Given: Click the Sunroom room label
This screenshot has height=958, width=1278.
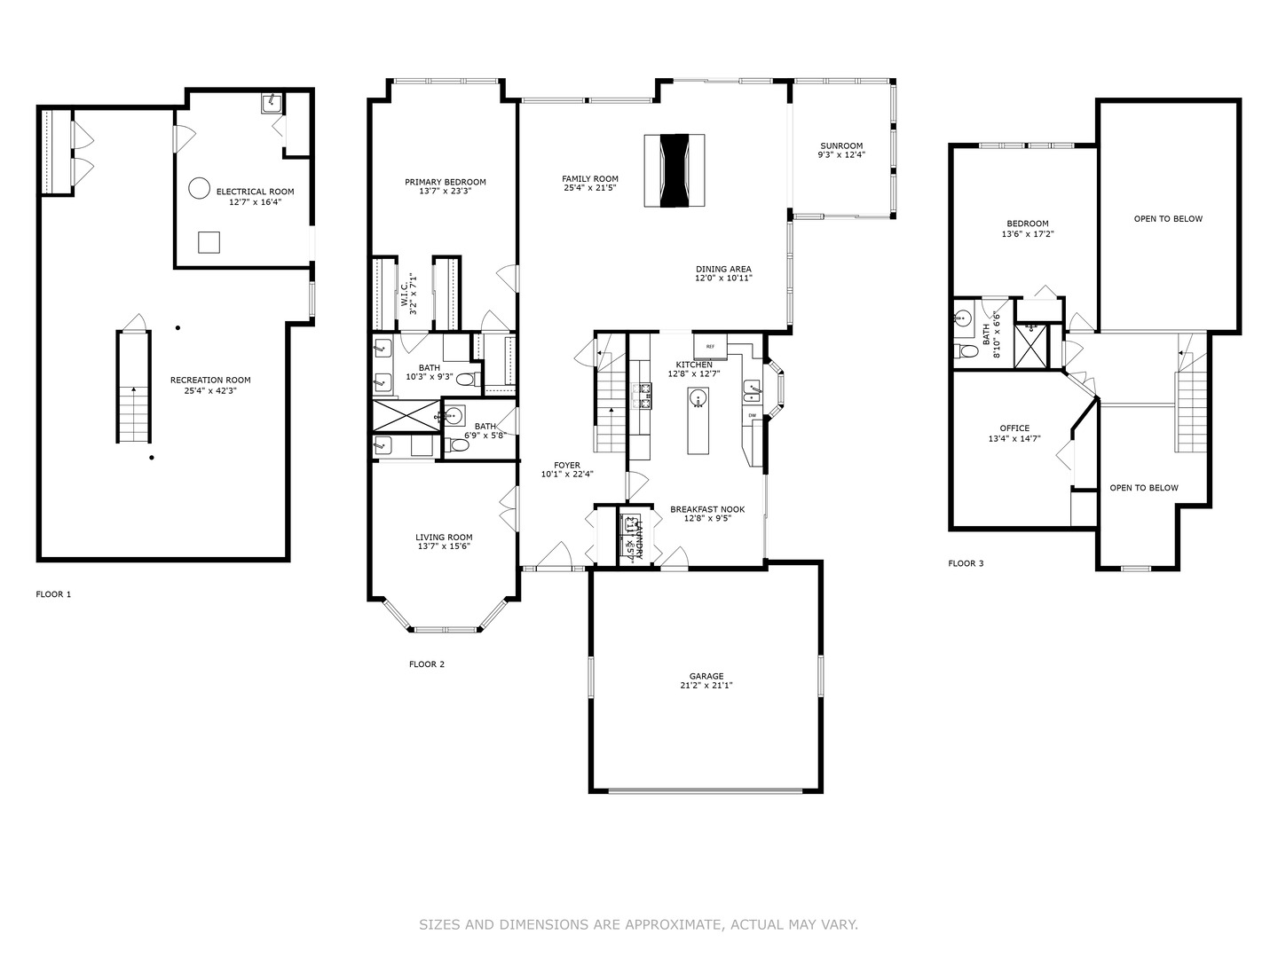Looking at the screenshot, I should (840, 146).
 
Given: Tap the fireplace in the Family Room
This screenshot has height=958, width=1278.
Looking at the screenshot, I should (674, 170).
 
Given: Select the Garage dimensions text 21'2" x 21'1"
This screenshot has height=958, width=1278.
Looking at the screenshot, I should (706, 686).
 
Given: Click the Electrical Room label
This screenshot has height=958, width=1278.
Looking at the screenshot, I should (255, 192).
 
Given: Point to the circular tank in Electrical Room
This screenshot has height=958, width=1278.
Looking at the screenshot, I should (199, 188).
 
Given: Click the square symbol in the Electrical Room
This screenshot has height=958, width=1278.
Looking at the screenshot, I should (209, 242).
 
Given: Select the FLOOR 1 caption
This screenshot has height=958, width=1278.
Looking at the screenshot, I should (53, 594).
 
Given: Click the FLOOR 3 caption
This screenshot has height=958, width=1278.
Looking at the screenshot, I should (966, 563).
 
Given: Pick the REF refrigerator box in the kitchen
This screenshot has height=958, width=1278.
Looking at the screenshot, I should (710, 346).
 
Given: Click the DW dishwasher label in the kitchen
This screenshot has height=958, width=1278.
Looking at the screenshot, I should (752, 415).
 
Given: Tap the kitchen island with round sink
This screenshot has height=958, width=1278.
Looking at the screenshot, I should (699, 421).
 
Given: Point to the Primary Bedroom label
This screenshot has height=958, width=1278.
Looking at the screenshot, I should (446, 183).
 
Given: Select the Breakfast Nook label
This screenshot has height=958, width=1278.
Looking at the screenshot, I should (707, 509).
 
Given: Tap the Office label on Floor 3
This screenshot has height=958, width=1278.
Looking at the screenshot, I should (1014, 428).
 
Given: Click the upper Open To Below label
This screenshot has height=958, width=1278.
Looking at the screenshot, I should (1168, 219).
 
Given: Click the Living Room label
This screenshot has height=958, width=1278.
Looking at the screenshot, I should (444, 537).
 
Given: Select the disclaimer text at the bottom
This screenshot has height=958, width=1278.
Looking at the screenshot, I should (638, 924).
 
